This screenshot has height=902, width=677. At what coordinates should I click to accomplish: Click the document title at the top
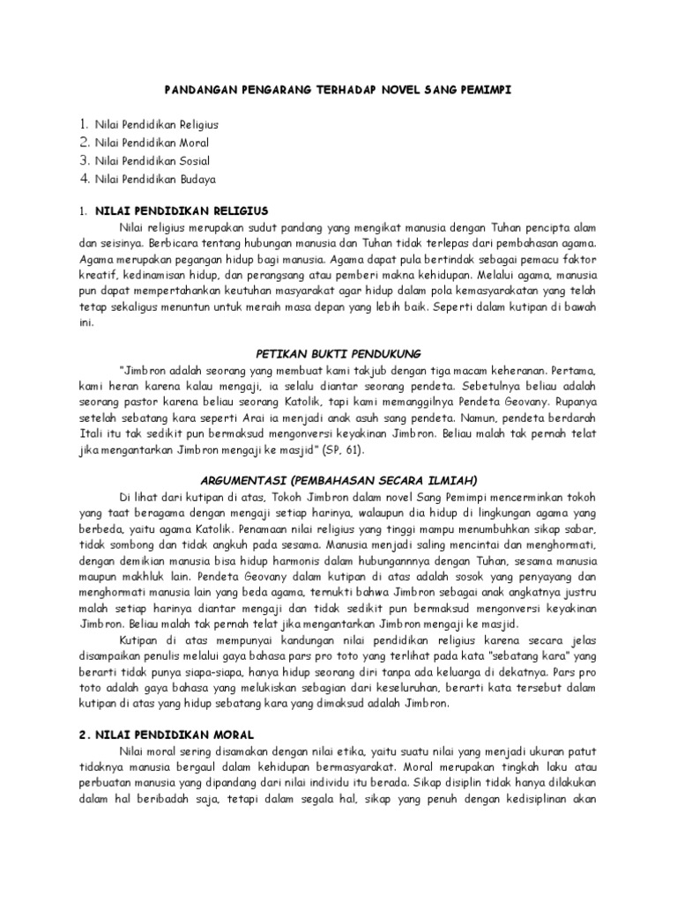338,90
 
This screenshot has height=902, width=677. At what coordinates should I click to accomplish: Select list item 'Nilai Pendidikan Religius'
156,125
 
